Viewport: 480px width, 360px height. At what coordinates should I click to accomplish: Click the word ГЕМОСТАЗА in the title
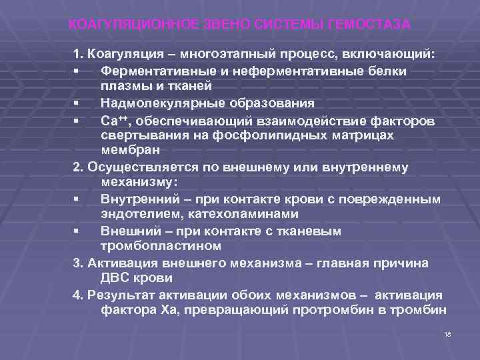pyautogui.click(x=369, y=25)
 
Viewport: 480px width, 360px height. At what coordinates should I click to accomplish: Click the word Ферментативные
pyautogui.click(x=155, y=71)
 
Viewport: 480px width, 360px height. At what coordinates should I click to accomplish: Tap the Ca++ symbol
pyautogui.click(x=113, y=119)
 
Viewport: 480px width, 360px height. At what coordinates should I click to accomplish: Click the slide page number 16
pyautogui.click(x=447, y=333)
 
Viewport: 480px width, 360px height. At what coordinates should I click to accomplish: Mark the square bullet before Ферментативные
pyautogui.click(x=77, y=71)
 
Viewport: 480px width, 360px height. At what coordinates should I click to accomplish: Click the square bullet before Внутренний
pyautogui.click(x=77, y=199)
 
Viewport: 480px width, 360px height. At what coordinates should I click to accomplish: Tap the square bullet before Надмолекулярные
pyautogui.click(x=77, y=103)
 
